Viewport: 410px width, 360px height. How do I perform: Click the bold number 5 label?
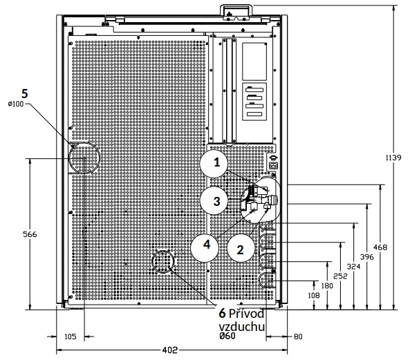coord(25,93)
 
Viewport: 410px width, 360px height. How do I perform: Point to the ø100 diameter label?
coord(16,104)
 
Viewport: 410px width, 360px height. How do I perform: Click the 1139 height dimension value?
coord(393,158)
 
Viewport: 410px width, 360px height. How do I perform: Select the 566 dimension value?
coord(30,234)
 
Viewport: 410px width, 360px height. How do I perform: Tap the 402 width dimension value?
coord(170,350)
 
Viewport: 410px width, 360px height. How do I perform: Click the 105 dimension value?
coord(71,337)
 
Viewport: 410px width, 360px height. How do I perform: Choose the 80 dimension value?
coord(298,337)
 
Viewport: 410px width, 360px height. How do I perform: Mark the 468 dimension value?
coord(380,247)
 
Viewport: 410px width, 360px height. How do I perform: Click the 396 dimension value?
coord(367,257)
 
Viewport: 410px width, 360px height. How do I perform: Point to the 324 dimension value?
coord(353,267)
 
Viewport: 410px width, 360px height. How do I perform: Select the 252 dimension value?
coord(340,276)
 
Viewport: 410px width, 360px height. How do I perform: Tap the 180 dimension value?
coord(327,286)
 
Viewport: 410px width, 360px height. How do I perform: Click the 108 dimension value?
coord(314,295)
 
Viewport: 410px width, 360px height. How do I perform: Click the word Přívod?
coord(246,313)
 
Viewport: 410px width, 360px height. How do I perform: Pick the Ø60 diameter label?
coord(227,336)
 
